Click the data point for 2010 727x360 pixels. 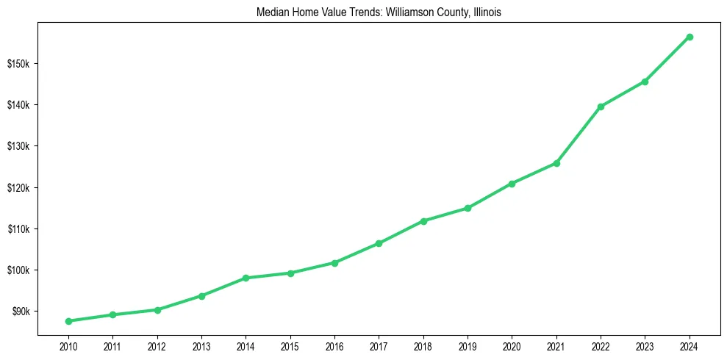point(68,321)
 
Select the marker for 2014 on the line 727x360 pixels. point(246,278)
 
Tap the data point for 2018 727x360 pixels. point(423,220)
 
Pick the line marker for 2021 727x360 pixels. point(556,163)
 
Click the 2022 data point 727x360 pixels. point(601,107)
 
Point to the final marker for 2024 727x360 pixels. point(690,37)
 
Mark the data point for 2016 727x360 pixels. point(334,262)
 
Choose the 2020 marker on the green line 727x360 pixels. point(512,183)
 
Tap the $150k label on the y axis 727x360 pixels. point(19,63)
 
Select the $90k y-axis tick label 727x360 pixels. point(21,312)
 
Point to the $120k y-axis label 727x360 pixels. point(19,187)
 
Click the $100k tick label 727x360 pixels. point(19,270)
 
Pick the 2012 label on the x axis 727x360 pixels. point(157,346)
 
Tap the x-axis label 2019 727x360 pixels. point(468,346)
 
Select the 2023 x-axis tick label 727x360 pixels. point(645,346)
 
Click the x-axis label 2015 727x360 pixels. point(290,346)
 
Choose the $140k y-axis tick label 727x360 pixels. point(19,104)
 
